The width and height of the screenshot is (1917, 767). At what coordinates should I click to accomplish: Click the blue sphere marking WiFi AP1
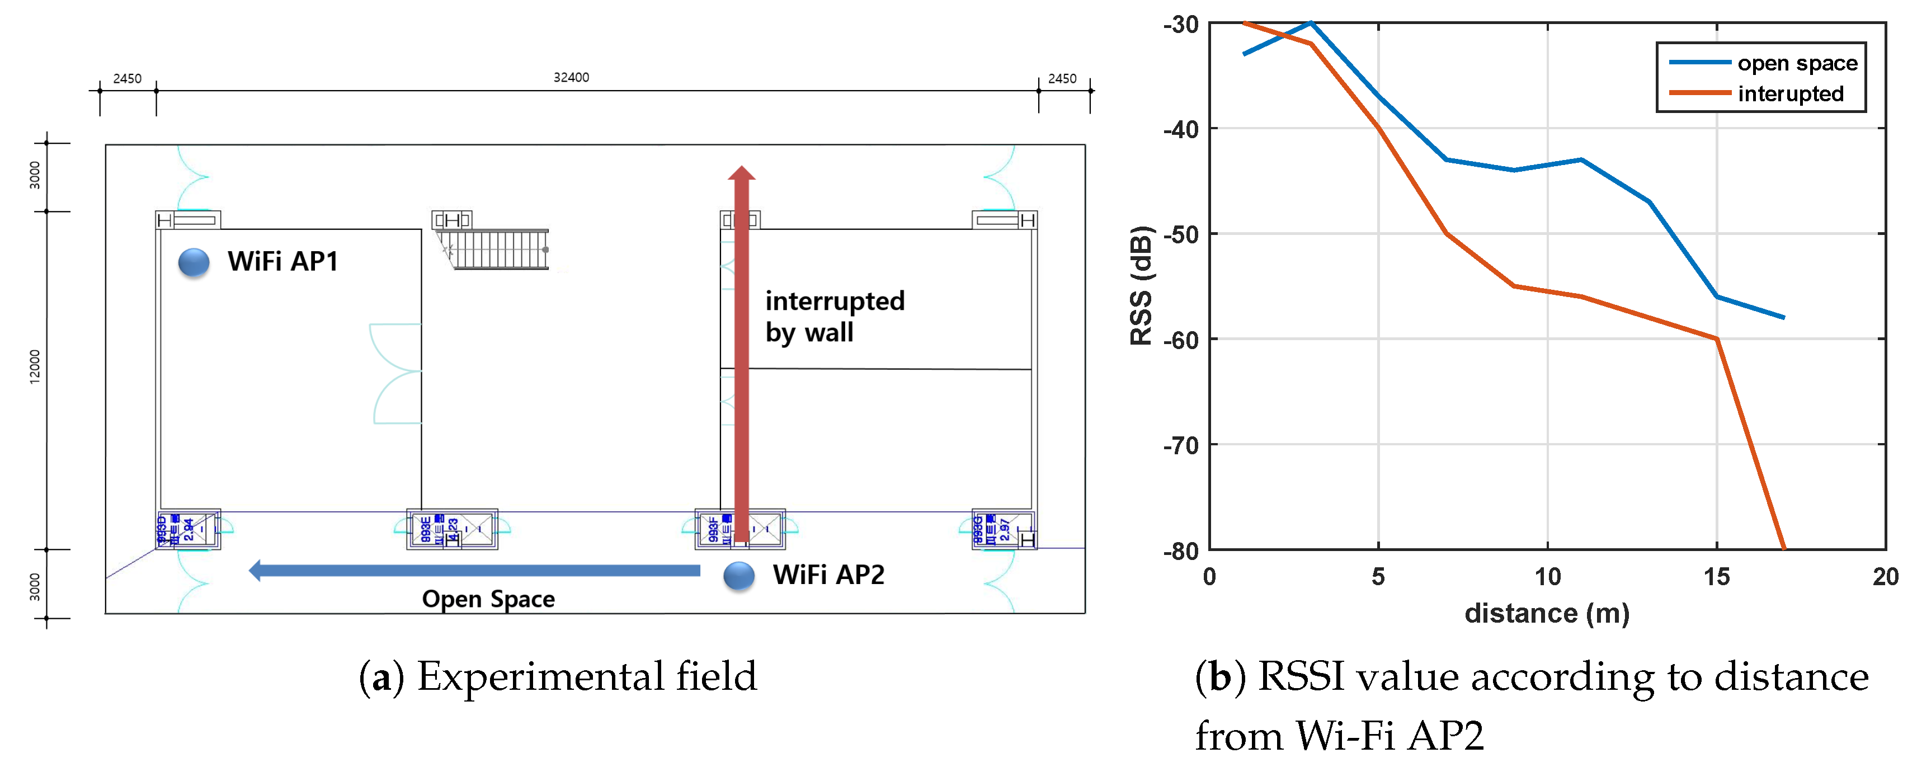pos(194,262)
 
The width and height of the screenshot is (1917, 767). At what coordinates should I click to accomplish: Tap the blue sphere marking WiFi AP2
pos(739,576)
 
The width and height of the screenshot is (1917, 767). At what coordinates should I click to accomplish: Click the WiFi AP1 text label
pos(283,261)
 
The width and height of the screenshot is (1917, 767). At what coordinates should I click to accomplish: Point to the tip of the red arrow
pos(741,169)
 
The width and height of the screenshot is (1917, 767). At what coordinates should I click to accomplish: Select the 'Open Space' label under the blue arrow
pos(488,599)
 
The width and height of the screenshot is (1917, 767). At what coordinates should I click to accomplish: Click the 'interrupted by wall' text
pos(834,316)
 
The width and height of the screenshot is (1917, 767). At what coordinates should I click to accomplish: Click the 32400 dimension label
pos(571,77)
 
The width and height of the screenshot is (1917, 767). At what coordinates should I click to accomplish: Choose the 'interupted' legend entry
pos(1790,94)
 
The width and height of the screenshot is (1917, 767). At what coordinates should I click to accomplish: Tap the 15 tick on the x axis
pos(1717,577)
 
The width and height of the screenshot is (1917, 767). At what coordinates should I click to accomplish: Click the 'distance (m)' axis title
pos(1546,614)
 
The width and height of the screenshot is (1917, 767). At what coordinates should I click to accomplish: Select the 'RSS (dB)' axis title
pos(1141,286)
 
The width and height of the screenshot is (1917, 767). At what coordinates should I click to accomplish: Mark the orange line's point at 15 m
pos(1717,339)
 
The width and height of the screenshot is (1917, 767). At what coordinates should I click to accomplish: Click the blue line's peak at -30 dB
pos(1311,23)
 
